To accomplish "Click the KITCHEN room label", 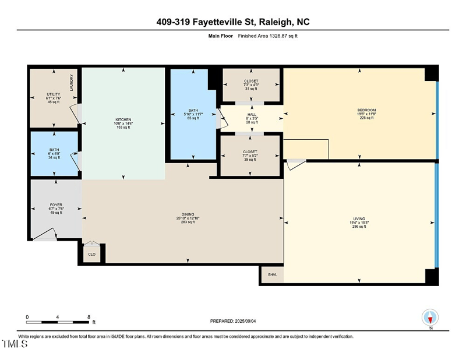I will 123,119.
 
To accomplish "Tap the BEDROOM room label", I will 366,110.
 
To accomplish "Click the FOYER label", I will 56,205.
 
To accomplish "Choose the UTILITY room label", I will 54,94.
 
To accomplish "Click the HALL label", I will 252,115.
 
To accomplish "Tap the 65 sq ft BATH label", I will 193,110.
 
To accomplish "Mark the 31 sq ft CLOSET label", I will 251,81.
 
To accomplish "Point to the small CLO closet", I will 92,255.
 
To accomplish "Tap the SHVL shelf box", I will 272,275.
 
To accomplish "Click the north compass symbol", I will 429,317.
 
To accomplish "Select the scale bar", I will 58,322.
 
